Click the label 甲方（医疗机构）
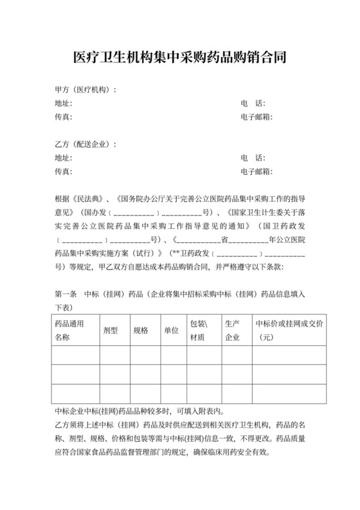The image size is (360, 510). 85,89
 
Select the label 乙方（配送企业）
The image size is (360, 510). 85,144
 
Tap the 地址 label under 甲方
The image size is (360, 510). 64,104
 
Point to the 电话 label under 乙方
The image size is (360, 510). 253,158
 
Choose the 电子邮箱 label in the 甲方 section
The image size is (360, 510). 256,117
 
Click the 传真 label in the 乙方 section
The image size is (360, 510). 63,172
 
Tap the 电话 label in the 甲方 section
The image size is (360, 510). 253,104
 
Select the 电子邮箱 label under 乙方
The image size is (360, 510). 256,172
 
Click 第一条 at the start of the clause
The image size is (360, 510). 66,294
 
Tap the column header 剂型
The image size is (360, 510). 111,330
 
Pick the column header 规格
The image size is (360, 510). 141,330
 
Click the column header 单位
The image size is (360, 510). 171,330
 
